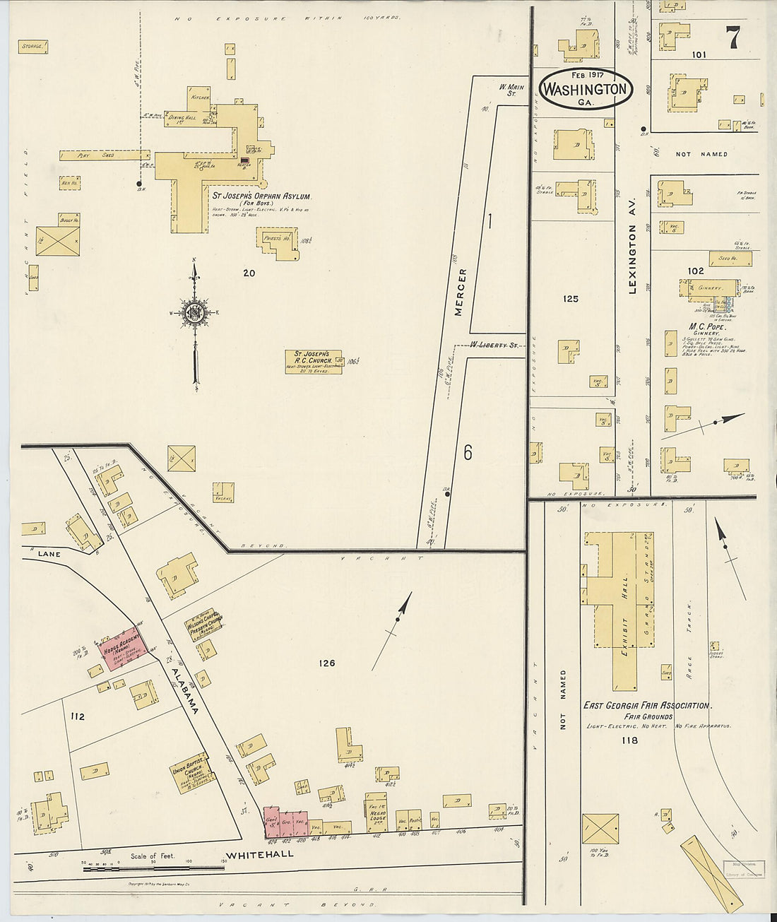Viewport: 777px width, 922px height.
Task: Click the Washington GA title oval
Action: [x=585, y=89]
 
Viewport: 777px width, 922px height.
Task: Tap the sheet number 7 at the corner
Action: [x=734, y=37]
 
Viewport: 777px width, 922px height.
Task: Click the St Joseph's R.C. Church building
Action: [x=313, y=361]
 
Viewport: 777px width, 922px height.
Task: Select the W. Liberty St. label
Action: [x=494, y=345]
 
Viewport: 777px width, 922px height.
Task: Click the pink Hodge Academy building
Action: [x=124, y=646]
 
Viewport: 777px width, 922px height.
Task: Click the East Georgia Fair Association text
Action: [x=646, y=705]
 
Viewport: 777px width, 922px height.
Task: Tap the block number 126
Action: [x=326, y=663]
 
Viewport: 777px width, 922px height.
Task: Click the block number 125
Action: [x=571, y=299]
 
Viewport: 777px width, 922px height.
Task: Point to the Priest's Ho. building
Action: [x=278, y=242]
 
